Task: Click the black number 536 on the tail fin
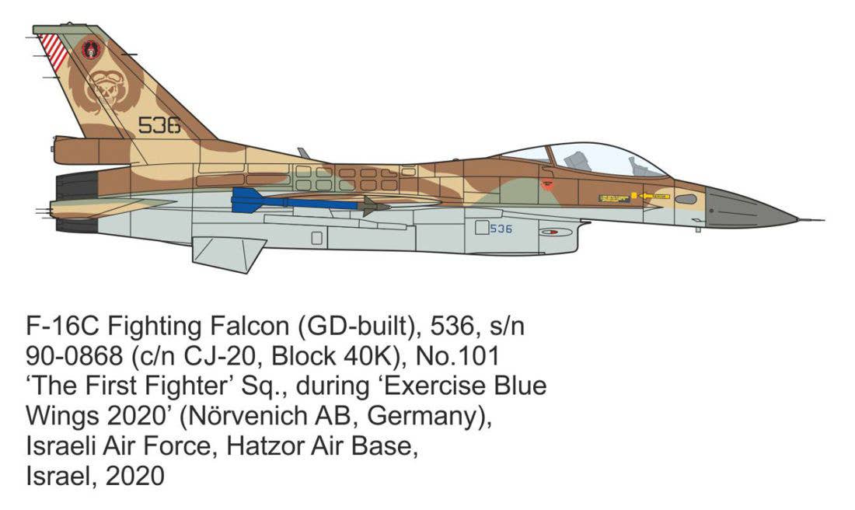[x=159, y=125]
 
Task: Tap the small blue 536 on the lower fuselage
[x=501, y=229]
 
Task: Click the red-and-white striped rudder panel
[x=54, y=52]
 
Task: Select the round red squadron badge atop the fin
[x=90, y=48]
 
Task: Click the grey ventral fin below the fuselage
[x=228, y=253]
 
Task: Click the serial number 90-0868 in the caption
[x=74, y=356]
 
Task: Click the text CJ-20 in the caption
[x=220, y=356]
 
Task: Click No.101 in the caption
[x=458, y=356]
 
